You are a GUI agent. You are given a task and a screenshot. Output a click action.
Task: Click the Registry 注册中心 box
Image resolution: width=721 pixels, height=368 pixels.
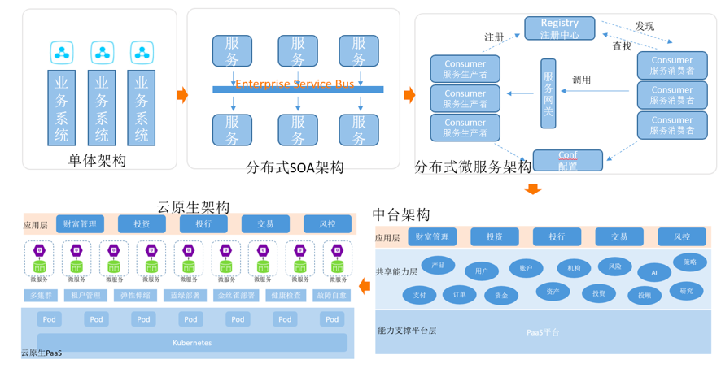pyautogui.click(x=559, y=28)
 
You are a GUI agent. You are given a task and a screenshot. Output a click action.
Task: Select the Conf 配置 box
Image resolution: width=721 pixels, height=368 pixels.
pyautogui.click(x=567, y=160)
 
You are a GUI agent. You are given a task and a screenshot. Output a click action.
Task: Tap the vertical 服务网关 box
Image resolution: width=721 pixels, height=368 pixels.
pyautogui.click(x=548, y=93)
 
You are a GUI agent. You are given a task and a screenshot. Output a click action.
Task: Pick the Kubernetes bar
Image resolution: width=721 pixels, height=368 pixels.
pyautogui.click(x=192, y=343)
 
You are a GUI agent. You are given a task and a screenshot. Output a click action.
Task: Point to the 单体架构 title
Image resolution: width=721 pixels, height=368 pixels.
pyautogui.click(x=98, y=160)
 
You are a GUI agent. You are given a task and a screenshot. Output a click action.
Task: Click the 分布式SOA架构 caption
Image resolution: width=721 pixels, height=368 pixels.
pyautogui.click(x=295, y=167)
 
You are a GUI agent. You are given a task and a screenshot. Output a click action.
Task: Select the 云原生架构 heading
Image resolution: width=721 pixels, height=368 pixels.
pyautogui.click(x=193, y=207)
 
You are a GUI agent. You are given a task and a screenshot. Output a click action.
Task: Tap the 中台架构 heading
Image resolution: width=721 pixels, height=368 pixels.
pyautogui.click(x=401, y=214)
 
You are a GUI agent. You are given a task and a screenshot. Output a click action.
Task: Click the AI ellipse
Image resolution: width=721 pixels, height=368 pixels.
pyautogui.click(x=653, y=273)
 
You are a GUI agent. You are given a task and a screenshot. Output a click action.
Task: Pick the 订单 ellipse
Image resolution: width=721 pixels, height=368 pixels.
pyautogui.click(x=459, y=295)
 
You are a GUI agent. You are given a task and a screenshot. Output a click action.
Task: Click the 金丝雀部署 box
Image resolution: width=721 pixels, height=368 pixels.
pyautogui.click(x=236, y=296)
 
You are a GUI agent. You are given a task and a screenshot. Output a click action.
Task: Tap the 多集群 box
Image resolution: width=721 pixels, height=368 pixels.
pyautogui.click(x=41, y=296)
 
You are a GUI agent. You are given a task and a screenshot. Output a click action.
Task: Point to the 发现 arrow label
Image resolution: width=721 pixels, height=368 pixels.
pyautogui.click(x=645, y=26)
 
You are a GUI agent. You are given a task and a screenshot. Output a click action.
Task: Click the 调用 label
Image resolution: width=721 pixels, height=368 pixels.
pyautogui.click(x=581, y=80)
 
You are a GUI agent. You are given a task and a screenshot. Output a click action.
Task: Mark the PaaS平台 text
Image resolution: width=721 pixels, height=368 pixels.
pyautogui.click(x=543, y=331)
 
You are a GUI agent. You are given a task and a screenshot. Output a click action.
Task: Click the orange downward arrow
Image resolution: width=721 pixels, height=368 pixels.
pyautogui.click(x=533, y=188)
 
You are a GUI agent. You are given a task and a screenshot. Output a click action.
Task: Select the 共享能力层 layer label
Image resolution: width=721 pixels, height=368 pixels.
pyautogui.click(x=396, y=271)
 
